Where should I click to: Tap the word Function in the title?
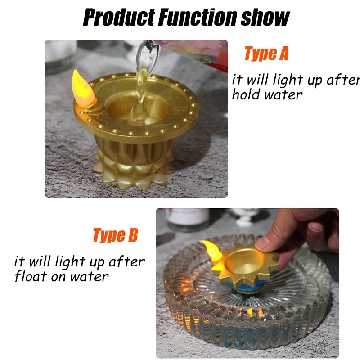[x=197, y=18]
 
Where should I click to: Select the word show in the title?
[x=265, y=18]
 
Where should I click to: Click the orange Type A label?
[x=266, y=54]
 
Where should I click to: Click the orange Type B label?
[x=115, y=235]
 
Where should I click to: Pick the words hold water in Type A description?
[x=267, y=95]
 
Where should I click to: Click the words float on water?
[x=62, y=276]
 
